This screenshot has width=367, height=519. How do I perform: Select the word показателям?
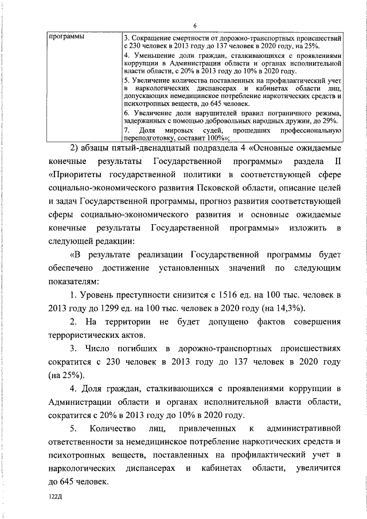75,282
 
